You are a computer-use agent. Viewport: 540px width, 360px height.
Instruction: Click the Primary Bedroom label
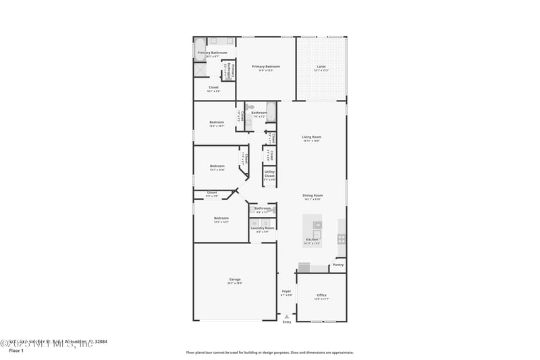coord(266,66)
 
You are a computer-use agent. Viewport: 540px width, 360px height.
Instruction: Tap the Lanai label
coord(321,66)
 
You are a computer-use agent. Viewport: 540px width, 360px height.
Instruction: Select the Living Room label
coord(311,137)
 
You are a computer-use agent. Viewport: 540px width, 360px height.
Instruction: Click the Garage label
coord(235,279)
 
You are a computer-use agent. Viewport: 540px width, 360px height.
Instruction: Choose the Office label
coord(321,294)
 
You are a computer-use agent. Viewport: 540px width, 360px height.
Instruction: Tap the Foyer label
coord(287,291)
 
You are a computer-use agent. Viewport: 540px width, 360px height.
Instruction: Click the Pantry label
coord(338,265)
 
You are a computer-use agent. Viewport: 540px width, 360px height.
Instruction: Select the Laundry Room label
coord(263,228)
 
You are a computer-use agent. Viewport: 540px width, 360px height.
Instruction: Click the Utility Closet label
coord(269,174)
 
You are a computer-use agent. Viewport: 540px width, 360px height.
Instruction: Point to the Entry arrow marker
coord(287,316)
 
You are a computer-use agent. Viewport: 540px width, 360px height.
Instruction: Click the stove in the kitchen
coord(342,238)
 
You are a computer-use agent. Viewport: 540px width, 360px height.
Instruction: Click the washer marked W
coord(255,222)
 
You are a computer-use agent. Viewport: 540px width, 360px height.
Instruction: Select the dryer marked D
coord(267,222)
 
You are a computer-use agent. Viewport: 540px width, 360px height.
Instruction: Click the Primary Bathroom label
coord(212,52)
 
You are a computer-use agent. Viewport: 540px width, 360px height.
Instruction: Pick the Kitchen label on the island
coord(312,240)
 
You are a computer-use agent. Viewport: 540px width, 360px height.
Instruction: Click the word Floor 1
coord(16,351)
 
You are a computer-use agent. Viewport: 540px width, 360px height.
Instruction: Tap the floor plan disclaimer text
coord(269,352)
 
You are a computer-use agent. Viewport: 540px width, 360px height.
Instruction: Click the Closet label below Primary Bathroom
coord(213,87)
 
